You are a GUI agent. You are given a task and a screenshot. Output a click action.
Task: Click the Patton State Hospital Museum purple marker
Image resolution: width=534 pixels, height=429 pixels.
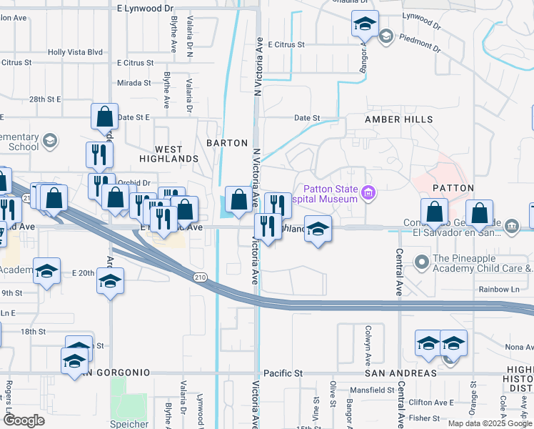pyautogui.click(x=368, y=192)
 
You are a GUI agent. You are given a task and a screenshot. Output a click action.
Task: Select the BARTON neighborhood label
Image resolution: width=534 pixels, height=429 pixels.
pyautogui.click(x=227, y=143)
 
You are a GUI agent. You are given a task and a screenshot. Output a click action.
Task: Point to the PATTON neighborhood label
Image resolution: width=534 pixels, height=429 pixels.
pyautogui.click(x=453, y=188)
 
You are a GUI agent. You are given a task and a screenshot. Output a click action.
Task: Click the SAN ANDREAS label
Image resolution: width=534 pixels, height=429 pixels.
pyautogui.click(x=400, y=373)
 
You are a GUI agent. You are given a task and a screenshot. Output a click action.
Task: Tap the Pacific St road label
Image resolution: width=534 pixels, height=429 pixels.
pyautogui.click(x=283, y=373)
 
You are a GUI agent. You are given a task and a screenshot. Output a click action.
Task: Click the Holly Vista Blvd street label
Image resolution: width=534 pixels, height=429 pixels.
pyautogui.click(x=76, y=52)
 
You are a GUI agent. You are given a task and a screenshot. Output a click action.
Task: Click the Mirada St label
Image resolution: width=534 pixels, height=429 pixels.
pyautogui.click(x=134, y=83)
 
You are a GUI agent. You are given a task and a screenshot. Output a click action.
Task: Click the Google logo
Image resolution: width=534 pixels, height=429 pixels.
pyautogui.click(x=23, y=420)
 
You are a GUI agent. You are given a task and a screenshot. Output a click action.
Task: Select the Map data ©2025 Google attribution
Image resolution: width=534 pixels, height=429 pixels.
pyautogui.click(x=490, y=423)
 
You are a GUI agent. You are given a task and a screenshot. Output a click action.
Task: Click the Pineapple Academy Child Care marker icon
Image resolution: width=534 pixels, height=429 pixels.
pyautogui.click(x=421, y=262)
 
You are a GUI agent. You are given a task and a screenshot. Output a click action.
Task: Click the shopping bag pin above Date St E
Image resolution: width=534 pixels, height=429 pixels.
pyautogui.click(x=104, y=115)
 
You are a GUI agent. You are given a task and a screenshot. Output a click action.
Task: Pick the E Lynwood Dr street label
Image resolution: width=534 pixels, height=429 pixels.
pyautogui.click(x=145, y=9)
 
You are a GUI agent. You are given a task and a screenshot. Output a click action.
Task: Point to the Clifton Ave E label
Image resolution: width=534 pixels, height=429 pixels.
pyautogui.click(x=438, y=403)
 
